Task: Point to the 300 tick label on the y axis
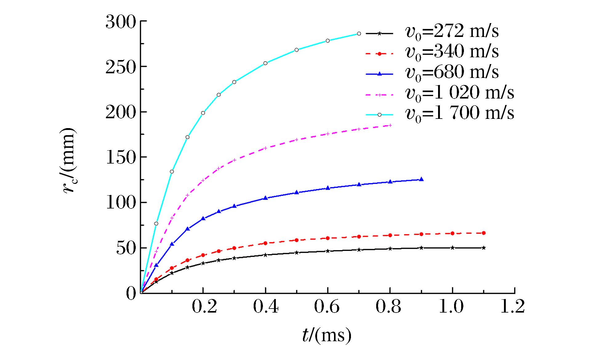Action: point(121,22)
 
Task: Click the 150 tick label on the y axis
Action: point(121,158)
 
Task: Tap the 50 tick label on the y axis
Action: point(126,248)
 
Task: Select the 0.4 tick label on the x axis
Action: point(266,307)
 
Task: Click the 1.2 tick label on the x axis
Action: point(513,307)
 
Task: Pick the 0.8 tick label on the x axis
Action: point(389,307)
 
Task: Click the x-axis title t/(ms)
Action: point(327,335)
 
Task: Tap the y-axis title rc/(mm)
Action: point(68,160)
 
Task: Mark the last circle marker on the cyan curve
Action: point(359,34)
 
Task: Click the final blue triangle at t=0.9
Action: point(421,179)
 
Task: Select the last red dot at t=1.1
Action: point(484,233)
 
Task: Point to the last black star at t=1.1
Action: point(484,248)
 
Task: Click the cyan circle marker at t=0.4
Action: point(265,63)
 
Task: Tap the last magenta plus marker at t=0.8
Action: point(390,125)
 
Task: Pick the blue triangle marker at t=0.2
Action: point(203,218)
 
